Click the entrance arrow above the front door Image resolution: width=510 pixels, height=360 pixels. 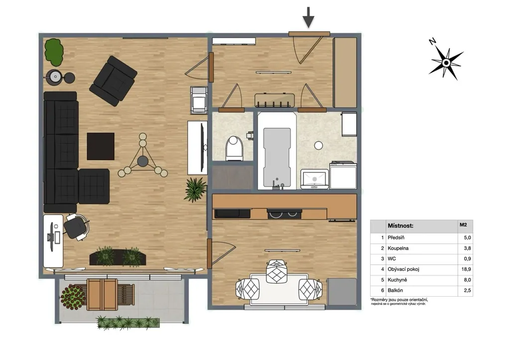(308, 17)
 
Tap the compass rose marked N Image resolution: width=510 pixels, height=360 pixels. (446, 62)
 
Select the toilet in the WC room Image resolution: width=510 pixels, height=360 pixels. (235, 148)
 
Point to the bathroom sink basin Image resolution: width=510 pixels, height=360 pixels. (314, 179)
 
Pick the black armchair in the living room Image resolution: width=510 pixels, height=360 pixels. (113, 81)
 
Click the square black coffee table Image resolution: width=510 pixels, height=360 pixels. (101, 146)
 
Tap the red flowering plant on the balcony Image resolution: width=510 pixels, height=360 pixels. (73, 297)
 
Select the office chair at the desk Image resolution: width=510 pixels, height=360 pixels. (76, 227)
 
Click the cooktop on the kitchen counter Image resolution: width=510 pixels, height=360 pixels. (284, 214)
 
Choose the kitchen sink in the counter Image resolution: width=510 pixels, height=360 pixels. (232, 213)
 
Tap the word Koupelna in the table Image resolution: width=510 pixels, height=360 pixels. (398, 248)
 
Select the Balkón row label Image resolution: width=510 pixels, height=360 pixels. (395, 290)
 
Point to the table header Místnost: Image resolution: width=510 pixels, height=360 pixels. (400, 226)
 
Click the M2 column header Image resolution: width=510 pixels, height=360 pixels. (463, 225)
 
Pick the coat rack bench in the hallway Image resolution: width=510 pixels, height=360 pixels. (274, 100)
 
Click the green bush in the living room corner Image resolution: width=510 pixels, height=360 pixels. (54, 52)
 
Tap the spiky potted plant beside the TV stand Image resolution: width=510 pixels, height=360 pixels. (195, 190)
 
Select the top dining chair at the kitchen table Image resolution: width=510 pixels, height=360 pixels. (276, 271)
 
